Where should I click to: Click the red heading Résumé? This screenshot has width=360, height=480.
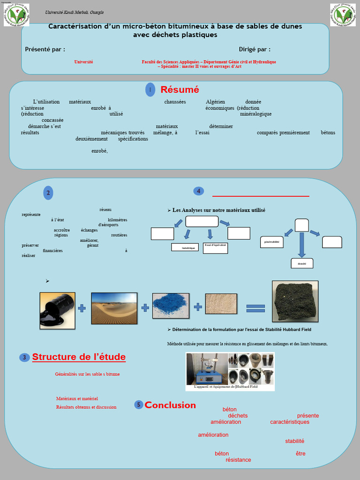[180, 90]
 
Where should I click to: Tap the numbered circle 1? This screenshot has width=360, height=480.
[150, 90]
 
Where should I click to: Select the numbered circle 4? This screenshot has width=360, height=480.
[198, 191]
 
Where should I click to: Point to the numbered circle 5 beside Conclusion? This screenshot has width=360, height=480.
[138, 405]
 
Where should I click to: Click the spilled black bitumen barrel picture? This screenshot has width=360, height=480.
[57, 310]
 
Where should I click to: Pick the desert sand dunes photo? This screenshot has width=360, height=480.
[114, 308]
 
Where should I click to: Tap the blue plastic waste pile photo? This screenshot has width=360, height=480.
[171, 306]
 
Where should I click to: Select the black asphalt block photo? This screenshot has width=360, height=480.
[295, 300]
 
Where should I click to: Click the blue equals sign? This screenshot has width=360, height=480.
[255, 308]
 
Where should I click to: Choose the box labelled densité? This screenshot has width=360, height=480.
[301, 263]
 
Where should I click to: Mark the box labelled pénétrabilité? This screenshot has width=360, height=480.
[272, 242]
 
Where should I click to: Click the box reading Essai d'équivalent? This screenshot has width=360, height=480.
[216, 247]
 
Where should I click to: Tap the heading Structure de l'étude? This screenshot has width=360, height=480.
[79, 357]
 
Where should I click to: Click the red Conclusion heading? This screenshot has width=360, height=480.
[170, 405]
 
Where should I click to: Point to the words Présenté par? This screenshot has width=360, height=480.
[45, 49]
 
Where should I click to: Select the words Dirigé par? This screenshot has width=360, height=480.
[255, 49]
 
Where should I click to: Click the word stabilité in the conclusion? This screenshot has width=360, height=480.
[295, 441]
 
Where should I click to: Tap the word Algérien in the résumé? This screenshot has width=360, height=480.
[216, 102]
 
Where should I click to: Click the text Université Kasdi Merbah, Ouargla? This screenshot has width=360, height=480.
[74, 12]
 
